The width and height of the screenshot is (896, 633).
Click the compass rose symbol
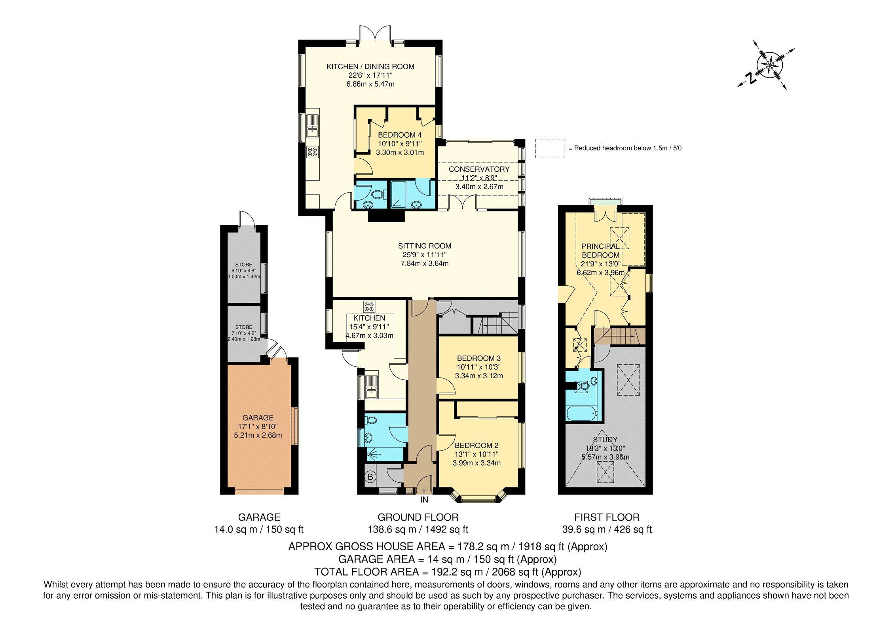769,65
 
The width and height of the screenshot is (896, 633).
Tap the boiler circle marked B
370,477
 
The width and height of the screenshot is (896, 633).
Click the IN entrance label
424,500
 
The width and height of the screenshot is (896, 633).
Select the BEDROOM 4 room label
400,135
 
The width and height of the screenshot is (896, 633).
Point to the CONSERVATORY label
479,169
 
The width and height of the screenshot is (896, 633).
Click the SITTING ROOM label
425,246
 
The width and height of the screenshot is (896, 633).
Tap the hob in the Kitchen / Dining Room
313,152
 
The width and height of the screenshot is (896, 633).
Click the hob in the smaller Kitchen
369,306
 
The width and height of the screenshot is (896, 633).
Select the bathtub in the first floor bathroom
582,413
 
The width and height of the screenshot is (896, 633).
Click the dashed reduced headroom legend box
550,148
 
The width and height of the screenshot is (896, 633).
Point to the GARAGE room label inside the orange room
258,418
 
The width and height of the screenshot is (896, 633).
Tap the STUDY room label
605,440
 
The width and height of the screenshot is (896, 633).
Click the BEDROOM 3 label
479,358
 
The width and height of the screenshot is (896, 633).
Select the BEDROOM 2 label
476,445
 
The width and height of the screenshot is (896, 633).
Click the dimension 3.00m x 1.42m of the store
244,277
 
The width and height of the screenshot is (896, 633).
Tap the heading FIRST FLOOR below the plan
607,517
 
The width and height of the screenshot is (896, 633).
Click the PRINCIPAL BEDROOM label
600,250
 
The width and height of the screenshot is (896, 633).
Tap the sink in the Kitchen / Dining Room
312,126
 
